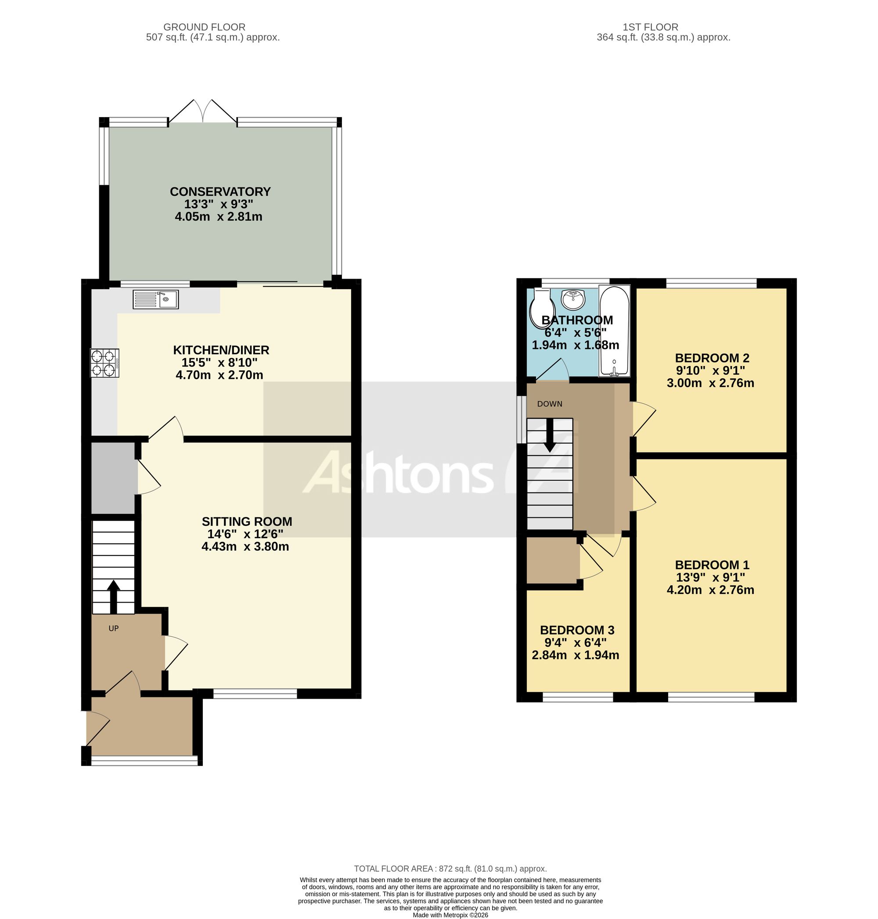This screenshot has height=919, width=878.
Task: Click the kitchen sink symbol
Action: click(155, 299)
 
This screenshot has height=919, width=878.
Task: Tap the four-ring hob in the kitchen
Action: click(105, 363)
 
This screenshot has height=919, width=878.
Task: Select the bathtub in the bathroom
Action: click(615, 331)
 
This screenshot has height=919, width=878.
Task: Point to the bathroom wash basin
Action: click(573, 299)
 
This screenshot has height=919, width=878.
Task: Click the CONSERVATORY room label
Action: click(220, 191)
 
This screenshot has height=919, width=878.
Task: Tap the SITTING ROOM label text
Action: click(247, 521)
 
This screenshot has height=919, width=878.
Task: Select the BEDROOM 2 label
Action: click(712, 358)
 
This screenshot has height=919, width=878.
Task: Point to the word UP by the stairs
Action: click(114, 628)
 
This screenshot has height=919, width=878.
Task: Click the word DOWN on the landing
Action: click(550, 404)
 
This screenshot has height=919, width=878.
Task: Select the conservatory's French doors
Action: click(203, 112)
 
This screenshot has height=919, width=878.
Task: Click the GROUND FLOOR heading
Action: click(204, 27)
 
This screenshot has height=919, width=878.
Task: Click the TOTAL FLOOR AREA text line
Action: click(450, 869)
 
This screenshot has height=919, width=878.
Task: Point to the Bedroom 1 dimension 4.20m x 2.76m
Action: click(710, 590)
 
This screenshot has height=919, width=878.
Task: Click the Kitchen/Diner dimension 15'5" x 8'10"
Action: click(219, 363)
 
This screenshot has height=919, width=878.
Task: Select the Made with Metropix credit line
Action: click(450, 915)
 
